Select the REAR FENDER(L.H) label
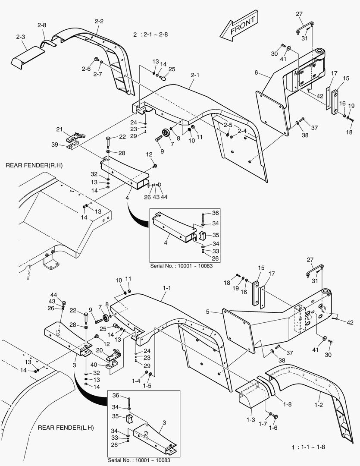pyautogui.click(x=66, y=428)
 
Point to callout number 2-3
pyautogui.click(x=21, y=38)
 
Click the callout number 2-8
pyautogui.click(x=41, y=25)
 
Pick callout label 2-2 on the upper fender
pyautogui.click(x=99, y=21)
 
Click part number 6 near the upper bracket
pyautogui.click(x=256, y=73)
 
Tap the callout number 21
pyautogui.click(x=59, y=129)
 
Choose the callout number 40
pyautogui.click(x=94, y=365)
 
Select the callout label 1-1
pyautogui.click(x=167, y=288)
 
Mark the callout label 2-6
pyautogui.click(x=86, y=69)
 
